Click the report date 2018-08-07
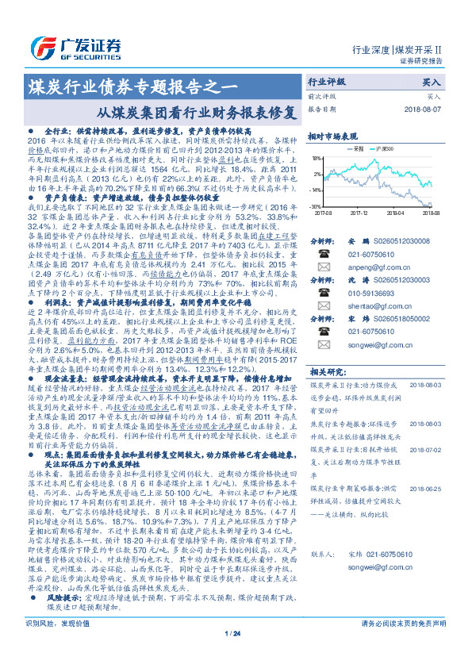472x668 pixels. pos(421,109)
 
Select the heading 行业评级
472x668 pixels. pos(327,82)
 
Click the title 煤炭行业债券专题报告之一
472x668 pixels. pos(132,83)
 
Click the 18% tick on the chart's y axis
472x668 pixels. pos(316,158)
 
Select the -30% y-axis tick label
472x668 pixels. pos(315,206)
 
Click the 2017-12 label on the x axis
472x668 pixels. pos(360,213)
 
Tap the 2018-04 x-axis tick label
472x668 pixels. pos(397,213)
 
